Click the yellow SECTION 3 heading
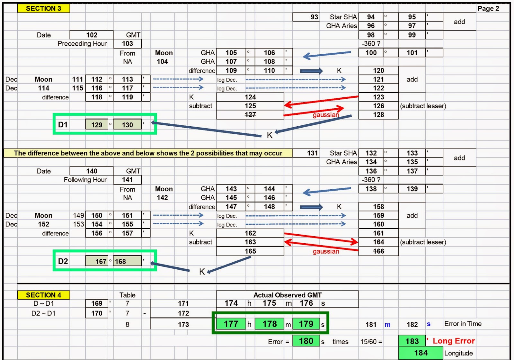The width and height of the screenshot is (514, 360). click(43, 8)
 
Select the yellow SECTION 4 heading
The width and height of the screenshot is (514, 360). click(43, 295)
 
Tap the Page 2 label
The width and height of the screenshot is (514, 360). click(488, 8)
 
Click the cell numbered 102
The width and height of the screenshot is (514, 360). click(92, 35)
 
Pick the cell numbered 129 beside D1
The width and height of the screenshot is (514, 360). click(97, 125)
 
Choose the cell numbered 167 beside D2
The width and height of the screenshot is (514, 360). click(97, 261)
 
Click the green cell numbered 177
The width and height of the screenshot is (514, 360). click(231, 324)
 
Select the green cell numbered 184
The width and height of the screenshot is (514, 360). click(421, 353)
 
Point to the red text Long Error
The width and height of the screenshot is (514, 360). click(453, 341)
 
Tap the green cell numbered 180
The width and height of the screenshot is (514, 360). click(306, 341)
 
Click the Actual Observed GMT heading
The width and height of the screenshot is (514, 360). click(287, 295)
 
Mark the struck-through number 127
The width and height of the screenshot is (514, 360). click(250, 115)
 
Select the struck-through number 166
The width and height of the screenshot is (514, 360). click(378, 251)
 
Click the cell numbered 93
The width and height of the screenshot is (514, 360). click(314, 17)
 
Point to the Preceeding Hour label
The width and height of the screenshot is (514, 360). click(82, 43)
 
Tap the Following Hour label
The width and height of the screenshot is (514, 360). click(85, 180)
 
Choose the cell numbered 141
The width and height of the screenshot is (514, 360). click(127, 180)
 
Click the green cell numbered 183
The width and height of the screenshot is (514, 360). click(412, 341)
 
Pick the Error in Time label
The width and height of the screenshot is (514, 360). click(463, 324)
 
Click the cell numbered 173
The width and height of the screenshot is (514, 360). click(183, 324)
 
